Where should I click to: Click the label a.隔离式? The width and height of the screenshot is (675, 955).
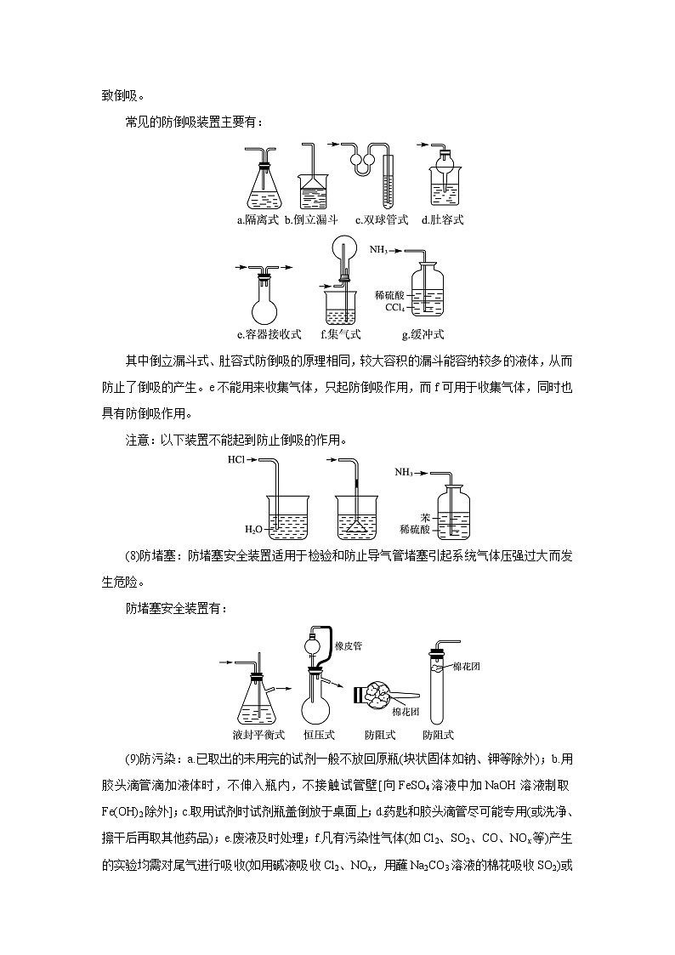click(258, 220)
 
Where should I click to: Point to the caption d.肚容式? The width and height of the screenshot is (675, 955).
click(442, 220)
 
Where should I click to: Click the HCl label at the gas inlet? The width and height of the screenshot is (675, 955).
click(236, 460)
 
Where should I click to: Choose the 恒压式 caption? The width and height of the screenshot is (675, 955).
click(320, 735)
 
